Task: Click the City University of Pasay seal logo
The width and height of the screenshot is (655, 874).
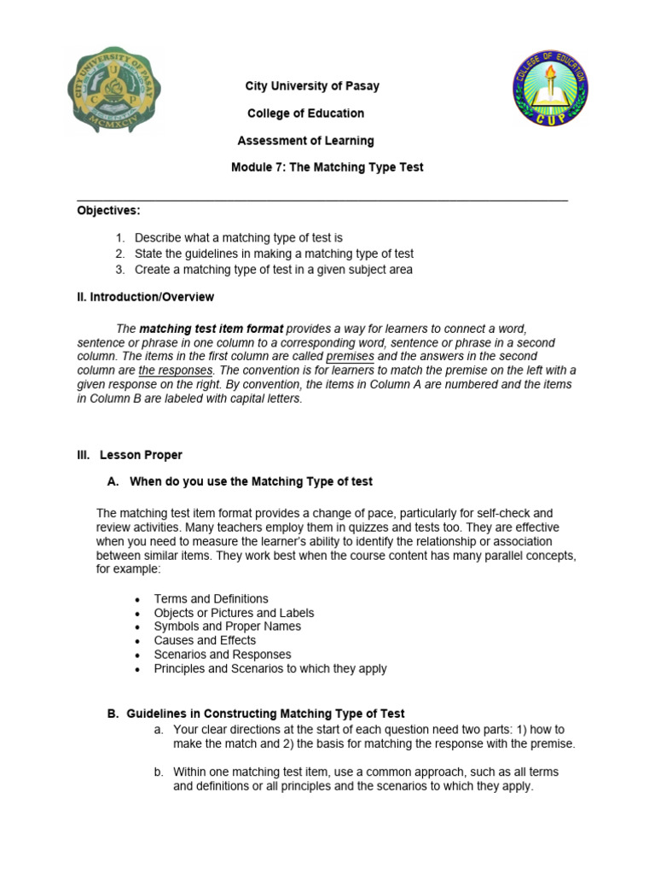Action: point(114,91)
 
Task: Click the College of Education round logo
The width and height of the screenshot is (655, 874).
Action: point(550,89)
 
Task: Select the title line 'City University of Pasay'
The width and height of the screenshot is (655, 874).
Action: point(312,86)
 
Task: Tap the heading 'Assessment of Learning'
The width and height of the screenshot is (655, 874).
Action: point(304,141)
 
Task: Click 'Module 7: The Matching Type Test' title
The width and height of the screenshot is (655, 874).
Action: point(327,168)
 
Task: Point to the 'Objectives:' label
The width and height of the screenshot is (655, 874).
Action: point(109,210)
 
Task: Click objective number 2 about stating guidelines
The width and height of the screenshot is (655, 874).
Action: point(274,254)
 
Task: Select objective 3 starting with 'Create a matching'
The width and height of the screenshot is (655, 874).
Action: point(273,270)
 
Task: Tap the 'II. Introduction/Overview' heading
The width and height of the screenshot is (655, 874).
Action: point(146,297)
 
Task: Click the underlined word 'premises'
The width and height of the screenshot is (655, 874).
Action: point(350,356)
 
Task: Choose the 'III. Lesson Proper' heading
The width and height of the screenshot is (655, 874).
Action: point(130,455)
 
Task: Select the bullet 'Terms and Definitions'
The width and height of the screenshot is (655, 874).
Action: point(211,599)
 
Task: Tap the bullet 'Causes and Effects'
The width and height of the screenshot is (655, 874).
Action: point(205,640)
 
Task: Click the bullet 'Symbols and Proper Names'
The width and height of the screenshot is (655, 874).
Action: point(227,626)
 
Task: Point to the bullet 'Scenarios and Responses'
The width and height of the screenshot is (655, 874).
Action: point(222,655)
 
